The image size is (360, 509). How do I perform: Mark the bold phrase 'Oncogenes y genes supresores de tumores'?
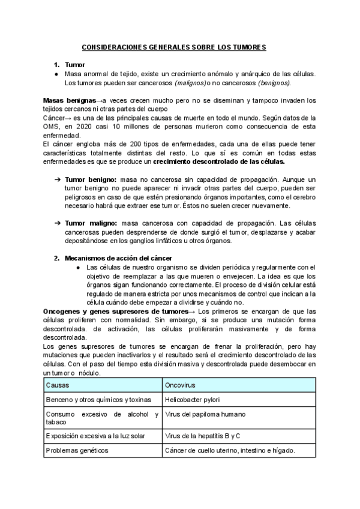115,312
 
